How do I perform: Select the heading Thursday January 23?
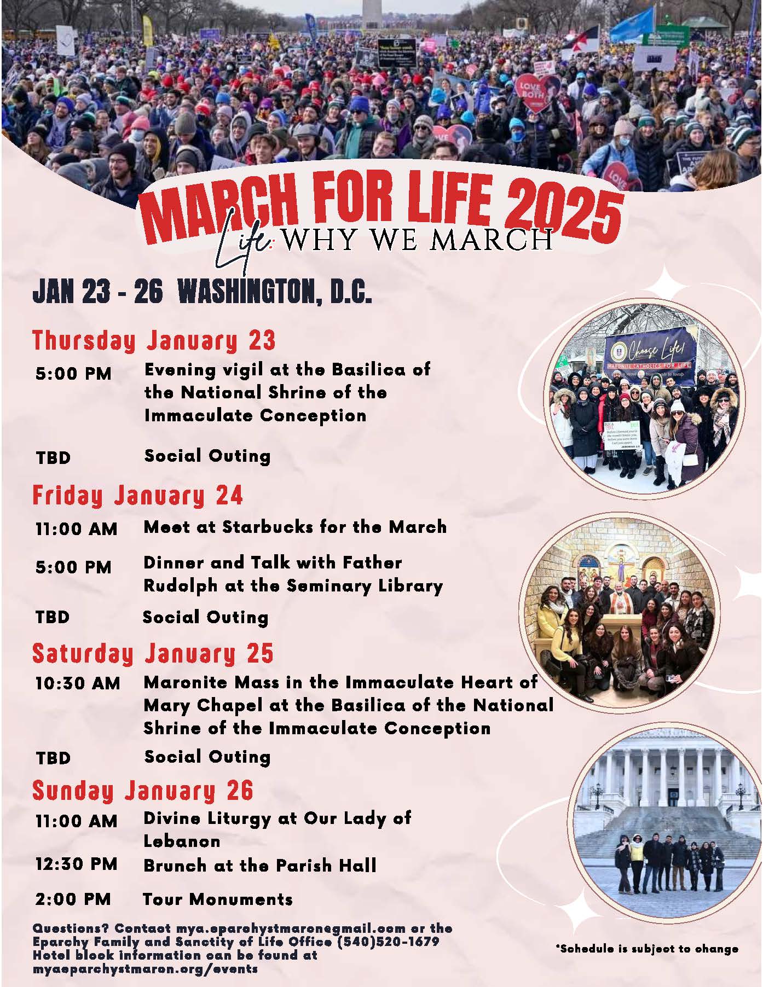pyautogui.click(x=154, y=340)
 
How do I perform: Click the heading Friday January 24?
pyautogui.click(x=137, y=495)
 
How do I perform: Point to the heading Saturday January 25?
pyautogui.click(x=153, y=653)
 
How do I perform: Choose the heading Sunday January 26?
pyautogui.click(x=143, y=791)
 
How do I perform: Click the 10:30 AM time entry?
pyautogui.click(x=77, y=683)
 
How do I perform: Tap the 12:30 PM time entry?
pyautogui.click(x=76, y=864)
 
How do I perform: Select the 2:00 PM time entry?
pyautogui.click(x=73, y=899)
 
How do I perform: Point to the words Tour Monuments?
pyautogui.click(x=218, y=899)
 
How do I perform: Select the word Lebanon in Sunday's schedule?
pyautogui.click(x=182, y=841)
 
